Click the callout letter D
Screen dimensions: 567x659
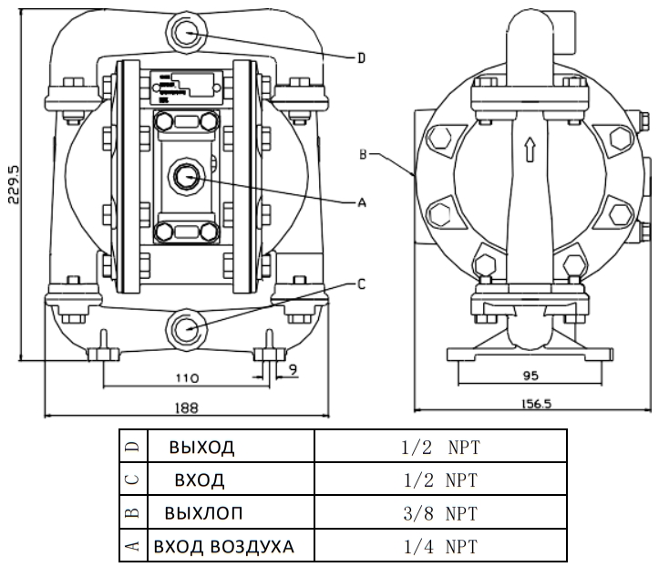361,57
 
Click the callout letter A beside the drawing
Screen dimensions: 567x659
362,203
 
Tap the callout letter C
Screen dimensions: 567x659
361,284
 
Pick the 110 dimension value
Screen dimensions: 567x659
188,375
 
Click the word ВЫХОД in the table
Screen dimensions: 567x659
201,448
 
